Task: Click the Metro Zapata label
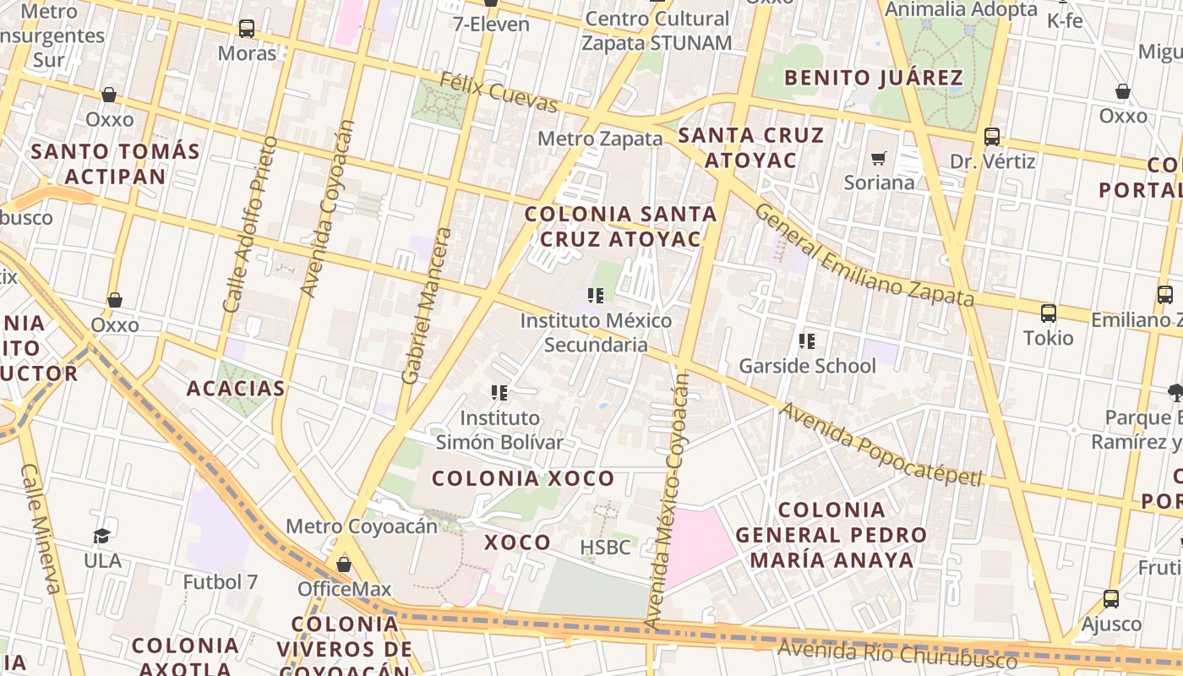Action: tap(600, 139)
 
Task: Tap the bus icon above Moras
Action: tap(247, 29)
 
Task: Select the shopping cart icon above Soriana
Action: tap(879, 158)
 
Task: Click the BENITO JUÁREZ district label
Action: tap(874, 79)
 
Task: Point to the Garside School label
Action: tap(807, 366)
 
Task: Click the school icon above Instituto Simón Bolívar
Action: tap(499, 393)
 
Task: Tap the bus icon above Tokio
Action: tap(1049, 313)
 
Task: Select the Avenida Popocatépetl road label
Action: tap(880, 444)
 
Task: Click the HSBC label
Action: tap(605, 548)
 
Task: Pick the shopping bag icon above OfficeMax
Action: tap(344, 564)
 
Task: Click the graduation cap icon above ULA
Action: tap(102, 536)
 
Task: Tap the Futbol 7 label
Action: tap(221, 582)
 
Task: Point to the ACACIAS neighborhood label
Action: tap(236, 389)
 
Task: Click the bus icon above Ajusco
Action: tap(1111, 599)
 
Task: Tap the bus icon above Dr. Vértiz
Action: tap(992, 136)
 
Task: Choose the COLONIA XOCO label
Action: tap(523, 478)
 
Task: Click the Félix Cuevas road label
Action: tap(499, 92)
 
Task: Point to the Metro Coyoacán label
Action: tap(362, 526)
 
